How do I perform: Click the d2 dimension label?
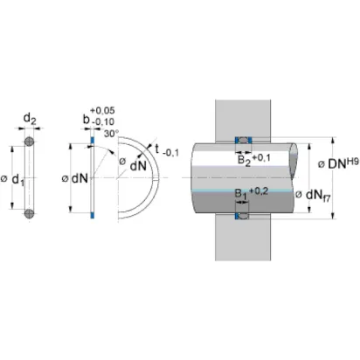(x=30, y=119)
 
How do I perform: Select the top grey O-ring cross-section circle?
(x=29, y=142)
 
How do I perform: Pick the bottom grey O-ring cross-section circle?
(x=29, y=213)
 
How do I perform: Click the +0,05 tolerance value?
(x=102, y=110)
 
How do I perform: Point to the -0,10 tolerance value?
(x=103, y=121)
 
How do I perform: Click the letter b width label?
(x=87, y=119)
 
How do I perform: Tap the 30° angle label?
(x=112, y=134)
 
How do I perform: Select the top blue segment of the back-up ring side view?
(x=93, y=140)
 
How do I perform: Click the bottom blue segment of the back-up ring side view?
(x=93, y=215)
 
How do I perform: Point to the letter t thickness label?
(x=156, y=149)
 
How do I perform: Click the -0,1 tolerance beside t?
(x=171, y=153)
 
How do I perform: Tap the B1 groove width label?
(x=240, y=194)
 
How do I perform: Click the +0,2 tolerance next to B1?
(x=259, y=191)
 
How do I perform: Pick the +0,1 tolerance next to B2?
(x=261, y=158)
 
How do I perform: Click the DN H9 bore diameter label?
(x=338, y=163)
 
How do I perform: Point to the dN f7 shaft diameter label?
(x=313, y=195)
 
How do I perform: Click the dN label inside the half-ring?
(x=138, y=166)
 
